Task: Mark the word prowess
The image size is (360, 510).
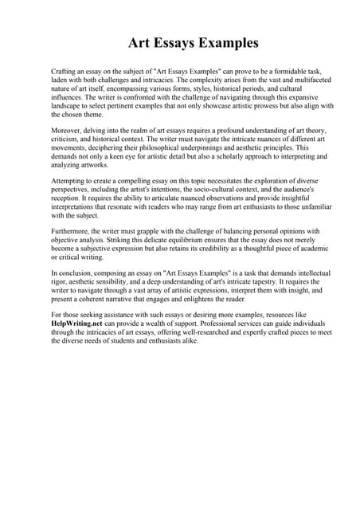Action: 245,105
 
